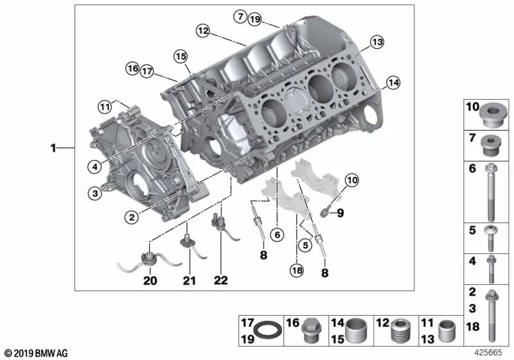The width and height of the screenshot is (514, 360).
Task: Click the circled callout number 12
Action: pos(203,31)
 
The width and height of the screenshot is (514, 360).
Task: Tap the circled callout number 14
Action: pos(393,83)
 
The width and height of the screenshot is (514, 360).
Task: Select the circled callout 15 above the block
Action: pos(181,57)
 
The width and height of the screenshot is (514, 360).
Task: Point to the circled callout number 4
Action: pos(94,167)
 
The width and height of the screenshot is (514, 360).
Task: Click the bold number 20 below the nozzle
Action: pos(150,281)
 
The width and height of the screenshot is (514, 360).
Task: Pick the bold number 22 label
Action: pos(220,280)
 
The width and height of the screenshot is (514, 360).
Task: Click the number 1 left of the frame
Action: pos(53,148)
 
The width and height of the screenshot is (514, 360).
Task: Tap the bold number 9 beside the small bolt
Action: pos(341,213)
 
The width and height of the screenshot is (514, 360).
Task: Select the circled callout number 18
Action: pos(297,271)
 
